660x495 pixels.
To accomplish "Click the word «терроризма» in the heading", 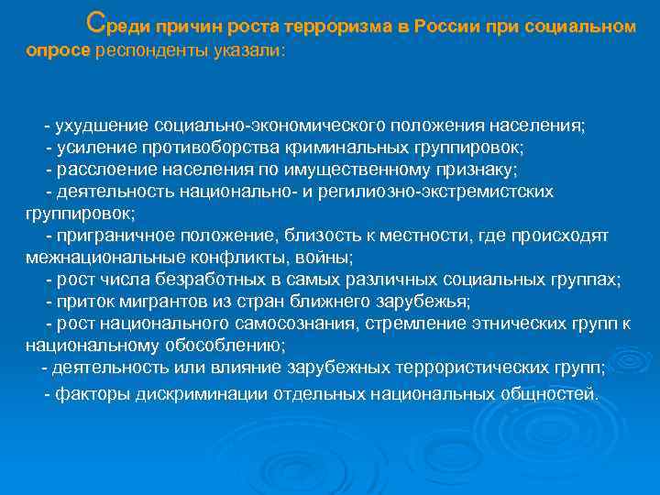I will pos(334,27).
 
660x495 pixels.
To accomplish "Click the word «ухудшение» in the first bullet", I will pos(103,125).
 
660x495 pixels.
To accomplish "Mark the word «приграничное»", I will pos(109,236).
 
